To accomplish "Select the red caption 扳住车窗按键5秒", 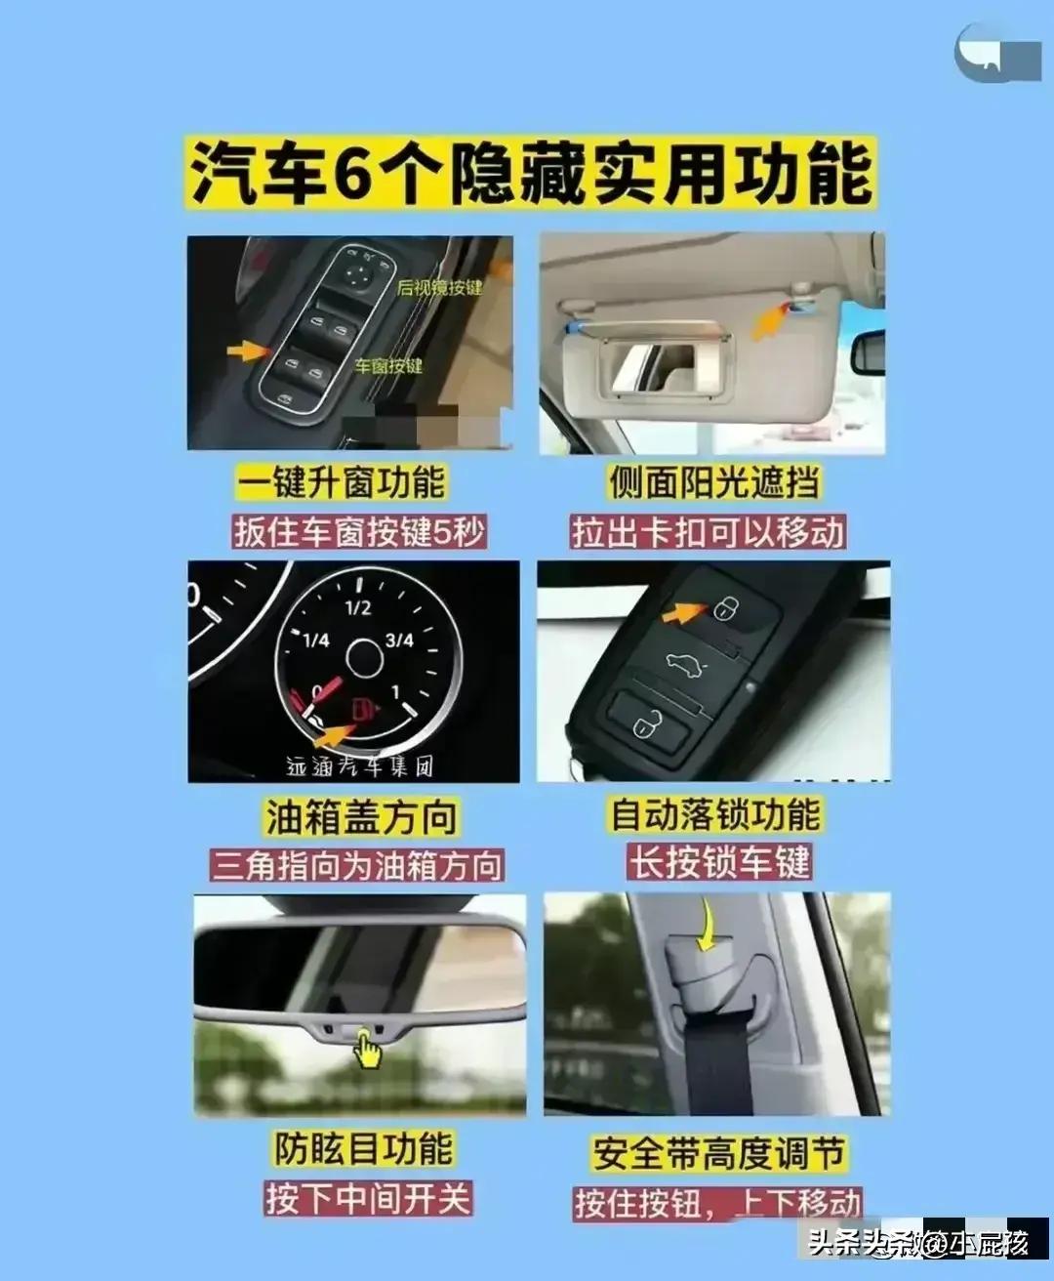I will (x=358, y=532).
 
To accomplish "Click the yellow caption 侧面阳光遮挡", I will (x=713, y=482).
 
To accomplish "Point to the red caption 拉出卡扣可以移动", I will (x=708, y=532).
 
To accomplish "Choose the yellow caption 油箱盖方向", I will (x=361, y=817).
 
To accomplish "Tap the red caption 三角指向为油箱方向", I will (x=357, y=866).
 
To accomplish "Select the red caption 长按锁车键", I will (x=719, y=863).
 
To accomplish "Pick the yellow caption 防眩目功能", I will (x=363, y=1148).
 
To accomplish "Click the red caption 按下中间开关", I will (x=368, y=1198).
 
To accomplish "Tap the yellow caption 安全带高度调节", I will (x=718, y=1153).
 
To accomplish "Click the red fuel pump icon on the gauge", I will (x=363, y=707).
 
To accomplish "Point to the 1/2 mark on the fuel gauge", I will (x=358, y=607).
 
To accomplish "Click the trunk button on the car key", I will (x=682, y=665).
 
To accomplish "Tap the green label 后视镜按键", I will (x=439, y=288).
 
